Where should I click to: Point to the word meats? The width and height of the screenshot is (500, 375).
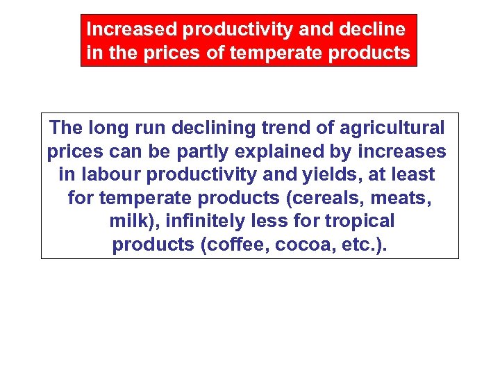click(x=402, y=198)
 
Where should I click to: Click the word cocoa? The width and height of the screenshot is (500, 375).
click(x=297, y=244)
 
